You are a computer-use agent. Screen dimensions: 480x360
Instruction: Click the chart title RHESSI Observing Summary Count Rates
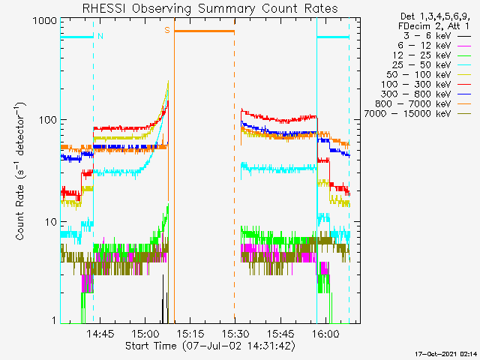coord(210,8)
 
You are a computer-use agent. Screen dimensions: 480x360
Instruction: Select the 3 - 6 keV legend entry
coord(437,36)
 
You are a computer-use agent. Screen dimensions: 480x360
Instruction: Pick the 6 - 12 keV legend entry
coord(434,46)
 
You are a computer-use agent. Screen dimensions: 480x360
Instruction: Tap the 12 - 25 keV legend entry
coord(432,55)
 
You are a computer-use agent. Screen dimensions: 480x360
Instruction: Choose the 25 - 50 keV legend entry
coord(432,65)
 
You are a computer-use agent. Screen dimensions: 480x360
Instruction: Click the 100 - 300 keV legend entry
coord(426,85)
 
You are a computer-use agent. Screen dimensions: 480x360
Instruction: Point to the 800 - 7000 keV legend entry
coord(423,104)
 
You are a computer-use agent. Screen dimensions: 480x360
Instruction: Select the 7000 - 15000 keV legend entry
coord(418,114)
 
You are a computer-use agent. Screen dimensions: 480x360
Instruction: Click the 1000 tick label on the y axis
coord(45,21)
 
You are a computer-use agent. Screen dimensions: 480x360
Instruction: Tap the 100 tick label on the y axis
coord(48,120)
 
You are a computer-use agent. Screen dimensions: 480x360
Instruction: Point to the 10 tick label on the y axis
coord(51,222)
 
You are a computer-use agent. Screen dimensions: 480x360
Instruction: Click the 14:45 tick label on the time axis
coord(100,333)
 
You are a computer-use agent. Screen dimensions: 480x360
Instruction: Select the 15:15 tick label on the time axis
coord(190,333)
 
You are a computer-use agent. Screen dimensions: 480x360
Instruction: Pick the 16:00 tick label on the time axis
coord(325,333)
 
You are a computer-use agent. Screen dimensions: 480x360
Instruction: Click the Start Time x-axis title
coord(210,346)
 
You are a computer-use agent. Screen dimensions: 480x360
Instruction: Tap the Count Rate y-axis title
coord(20,171)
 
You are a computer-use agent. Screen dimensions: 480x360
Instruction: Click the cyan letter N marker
coord(100,36)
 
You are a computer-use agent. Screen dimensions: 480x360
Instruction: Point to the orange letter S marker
coord(167,30)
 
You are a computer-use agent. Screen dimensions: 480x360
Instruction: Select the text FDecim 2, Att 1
coord(433,26)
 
